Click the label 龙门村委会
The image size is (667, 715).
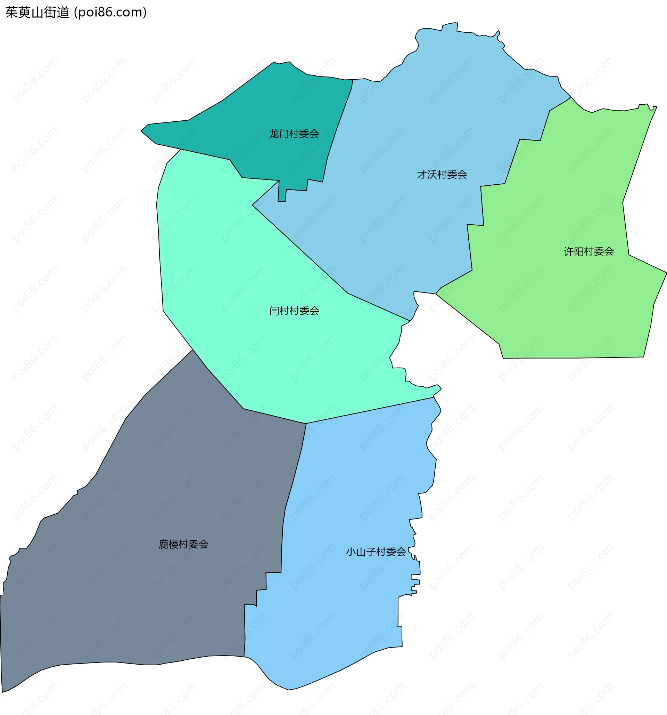tap(294, 134)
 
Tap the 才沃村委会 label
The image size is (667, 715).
tap(442, 175)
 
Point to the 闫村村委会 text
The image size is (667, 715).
tap(294, 311)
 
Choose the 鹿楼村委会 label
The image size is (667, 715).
tap(183, 544)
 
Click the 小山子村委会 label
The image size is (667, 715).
tap(376, 552)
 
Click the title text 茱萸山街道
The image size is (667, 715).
tap(38, 13)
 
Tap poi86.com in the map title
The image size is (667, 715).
tap(110, 13)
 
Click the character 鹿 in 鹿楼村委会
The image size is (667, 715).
tap(164, 544)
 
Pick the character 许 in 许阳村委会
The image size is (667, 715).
tap(569, 252)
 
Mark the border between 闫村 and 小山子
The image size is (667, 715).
tap(370, 410)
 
